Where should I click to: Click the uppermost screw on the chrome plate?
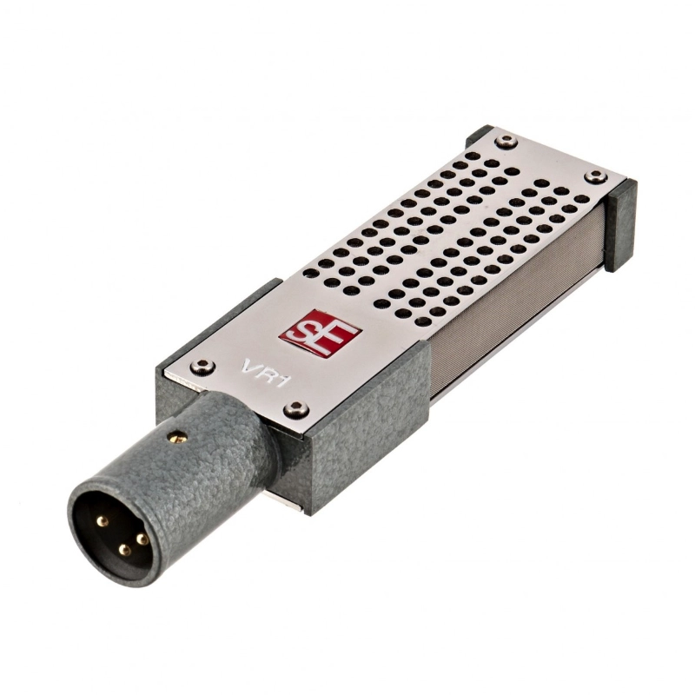click(x=506, y=141)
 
